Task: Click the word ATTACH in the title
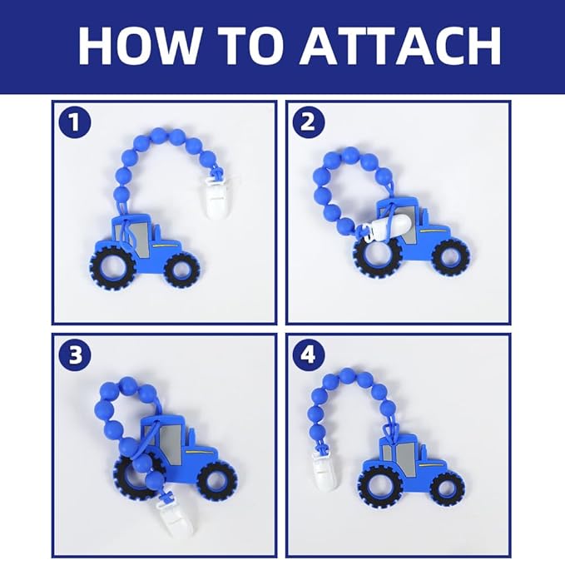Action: (x=400, y=46)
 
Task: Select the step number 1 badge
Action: (x=75, y=122)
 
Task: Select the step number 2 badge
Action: (x=309, y=122)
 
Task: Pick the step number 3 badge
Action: (x=75, y=355)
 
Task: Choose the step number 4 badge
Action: (x=309, y=355)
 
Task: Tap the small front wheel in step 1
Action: (x=182, y=270)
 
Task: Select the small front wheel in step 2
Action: (x=451, y=258)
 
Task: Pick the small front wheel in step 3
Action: (x=218, y=480)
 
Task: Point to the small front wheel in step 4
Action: (x=447, y=489)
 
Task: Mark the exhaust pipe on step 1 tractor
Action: (x=158, y=231)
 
